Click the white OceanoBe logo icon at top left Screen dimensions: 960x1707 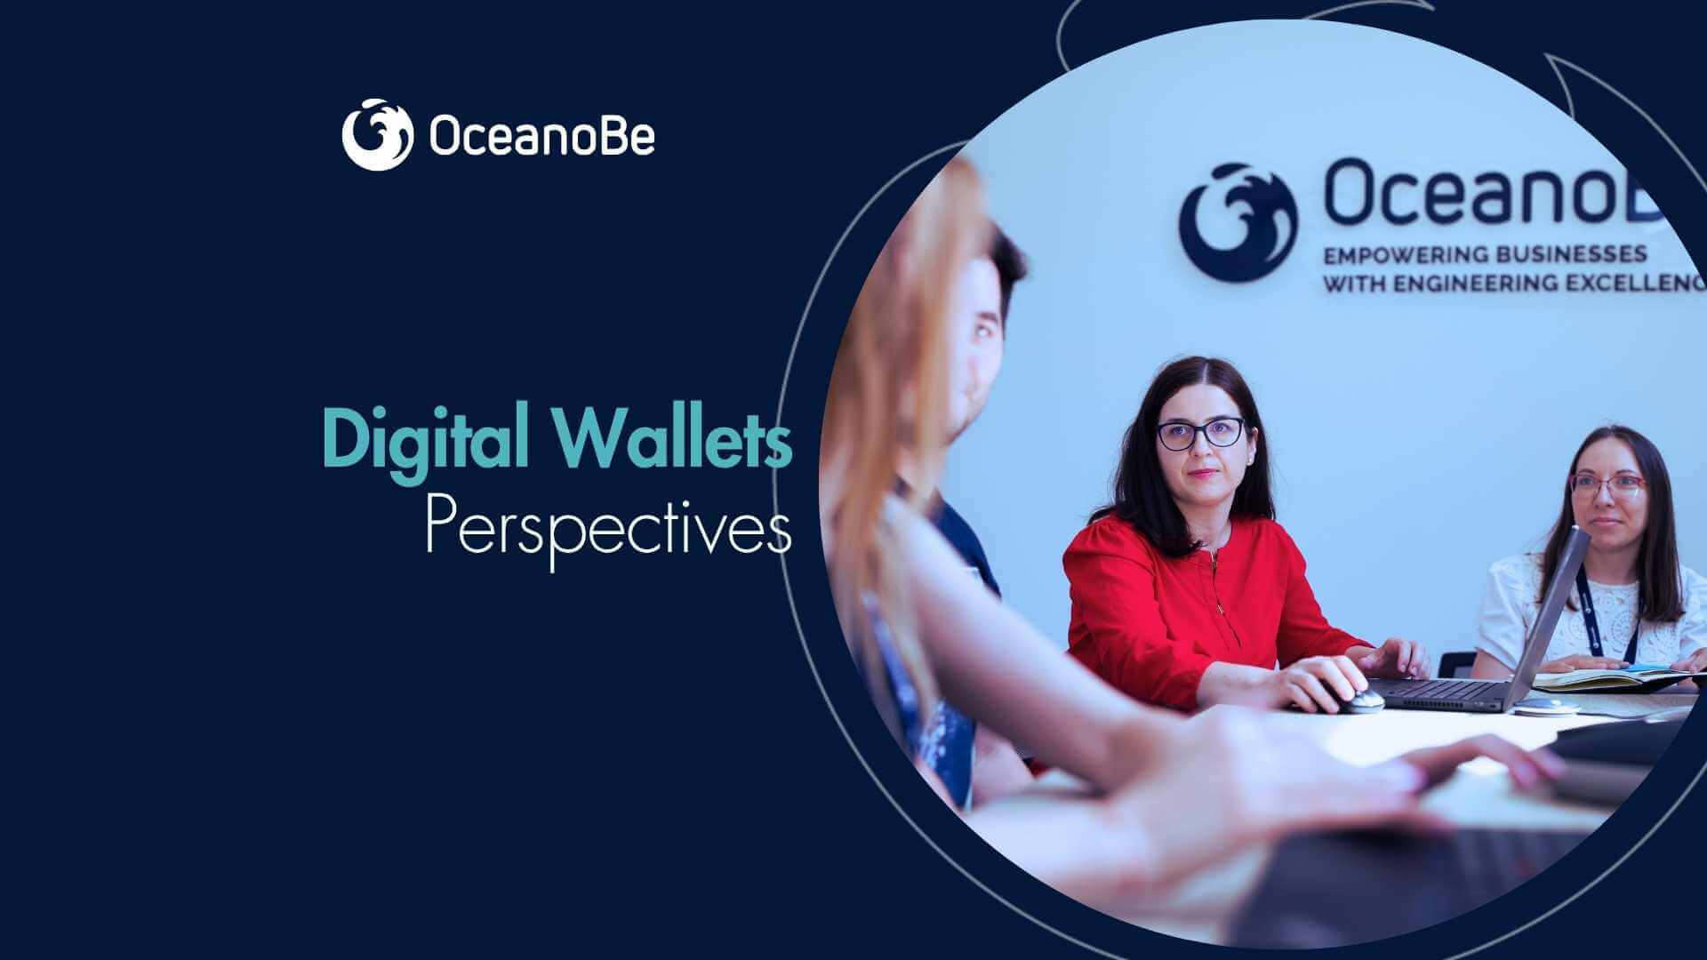(x=377, y=134)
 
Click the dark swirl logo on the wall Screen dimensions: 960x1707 (x=1237, y=221)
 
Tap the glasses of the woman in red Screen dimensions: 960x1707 (x=1200, y=433)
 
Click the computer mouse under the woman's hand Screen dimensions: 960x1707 (x=1358, y=700)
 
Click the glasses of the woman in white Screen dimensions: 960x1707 (x=1608, y=485)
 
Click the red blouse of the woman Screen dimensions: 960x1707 (x=1156, y=604)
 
